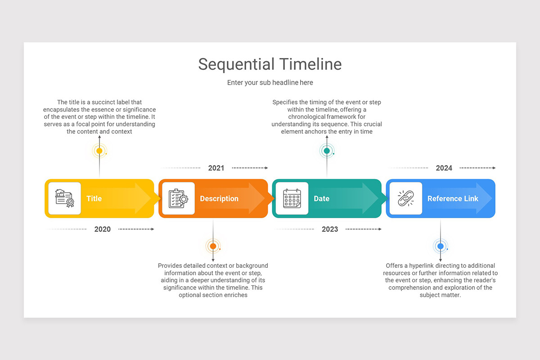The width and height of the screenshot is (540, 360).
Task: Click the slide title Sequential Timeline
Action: click(x=270, y=64)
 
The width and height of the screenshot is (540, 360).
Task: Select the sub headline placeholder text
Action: click(x=270, y=83)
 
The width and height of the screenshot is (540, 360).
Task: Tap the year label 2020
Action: click(x=103, y=229)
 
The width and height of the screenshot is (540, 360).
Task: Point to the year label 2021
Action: click(x=216, y=168)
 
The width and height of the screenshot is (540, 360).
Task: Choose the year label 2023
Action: click(x=330, y=229)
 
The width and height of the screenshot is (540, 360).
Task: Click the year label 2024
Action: click(x=444, y=168)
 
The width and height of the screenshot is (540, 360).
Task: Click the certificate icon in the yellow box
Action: click(x=64, y=198)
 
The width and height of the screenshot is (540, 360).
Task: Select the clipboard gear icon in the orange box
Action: click(x=178, y=198)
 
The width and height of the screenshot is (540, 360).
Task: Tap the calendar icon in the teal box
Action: click(x=292, y=198)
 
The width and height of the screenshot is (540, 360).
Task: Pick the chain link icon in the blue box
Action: click(x=406, y=198)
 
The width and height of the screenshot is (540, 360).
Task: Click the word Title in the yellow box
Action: click(x=94, y=199)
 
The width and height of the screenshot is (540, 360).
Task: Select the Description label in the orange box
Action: click(x=219, y=199)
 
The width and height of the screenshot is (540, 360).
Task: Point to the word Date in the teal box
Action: click(x=321, y=199)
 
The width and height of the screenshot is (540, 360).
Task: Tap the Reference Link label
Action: click(x=453, y=199)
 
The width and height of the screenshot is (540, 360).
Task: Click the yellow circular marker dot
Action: click(x=99, y=151)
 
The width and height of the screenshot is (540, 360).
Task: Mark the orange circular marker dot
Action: click(x=213, y=246)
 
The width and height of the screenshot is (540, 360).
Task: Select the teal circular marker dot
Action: click(x=327, y=151)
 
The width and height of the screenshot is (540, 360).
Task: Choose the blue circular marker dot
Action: click(x=441, y=246)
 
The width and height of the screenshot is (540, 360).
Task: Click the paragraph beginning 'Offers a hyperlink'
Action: click(x=441, y=280)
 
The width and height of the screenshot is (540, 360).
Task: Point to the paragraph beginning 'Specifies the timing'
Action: click(x=327, y=117)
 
